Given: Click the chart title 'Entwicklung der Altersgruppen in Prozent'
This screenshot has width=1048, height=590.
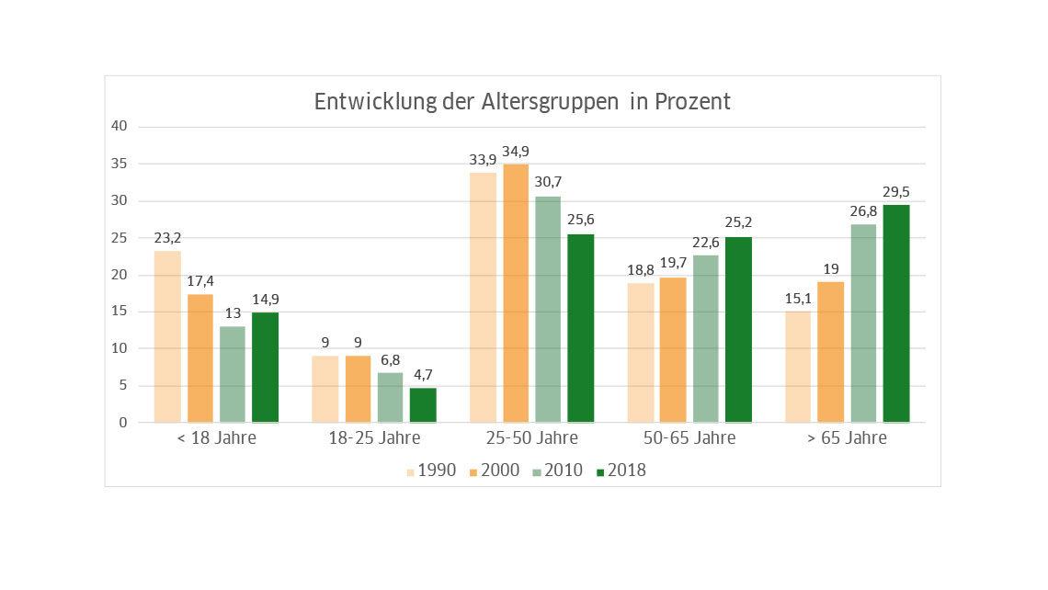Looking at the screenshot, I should pos(522,102).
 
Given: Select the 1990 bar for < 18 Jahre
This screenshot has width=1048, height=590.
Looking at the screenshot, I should pos(167,336).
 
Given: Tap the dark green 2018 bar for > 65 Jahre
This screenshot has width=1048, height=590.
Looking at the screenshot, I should pos(896,313).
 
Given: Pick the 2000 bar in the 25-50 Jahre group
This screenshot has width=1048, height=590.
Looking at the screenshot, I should pos(516,293).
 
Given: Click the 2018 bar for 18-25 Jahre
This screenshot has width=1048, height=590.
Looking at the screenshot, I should pos(423,405).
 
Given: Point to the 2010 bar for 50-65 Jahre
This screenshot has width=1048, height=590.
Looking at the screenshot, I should pos(706,338).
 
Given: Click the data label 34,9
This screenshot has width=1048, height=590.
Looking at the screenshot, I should pos(516,152).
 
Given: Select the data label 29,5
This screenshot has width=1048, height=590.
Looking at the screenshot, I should pos(896,192).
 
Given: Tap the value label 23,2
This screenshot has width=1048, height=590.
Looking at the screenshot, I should pos(167,238).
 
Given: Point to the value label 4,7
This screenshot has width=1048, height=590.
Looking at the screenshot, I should pos(423,375).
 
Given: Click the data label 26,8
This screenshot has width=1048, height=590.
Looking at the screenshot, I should pos(863,211).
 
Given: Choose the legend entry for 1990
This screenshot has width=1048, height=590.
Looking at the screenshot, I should pos(431,471).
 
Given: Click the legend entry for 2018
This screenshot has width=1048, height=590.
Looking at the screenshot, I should pos(621,471).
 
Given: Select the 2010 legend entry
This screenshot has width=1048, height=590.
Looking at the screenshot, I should pos(558,471).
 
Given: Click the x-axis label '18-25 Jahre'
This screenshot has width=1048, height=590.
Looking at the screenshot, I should pos(374,438).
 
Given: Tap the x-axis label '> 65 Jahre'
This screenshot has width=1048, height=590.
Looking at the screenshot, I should pos(847,438).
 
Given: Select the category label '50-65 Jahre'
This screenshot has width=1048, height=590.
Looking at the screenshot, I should pos(689,438).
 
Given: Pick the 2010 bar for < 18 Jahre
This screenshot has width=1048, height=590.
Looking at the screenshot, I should pos(233,374).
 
